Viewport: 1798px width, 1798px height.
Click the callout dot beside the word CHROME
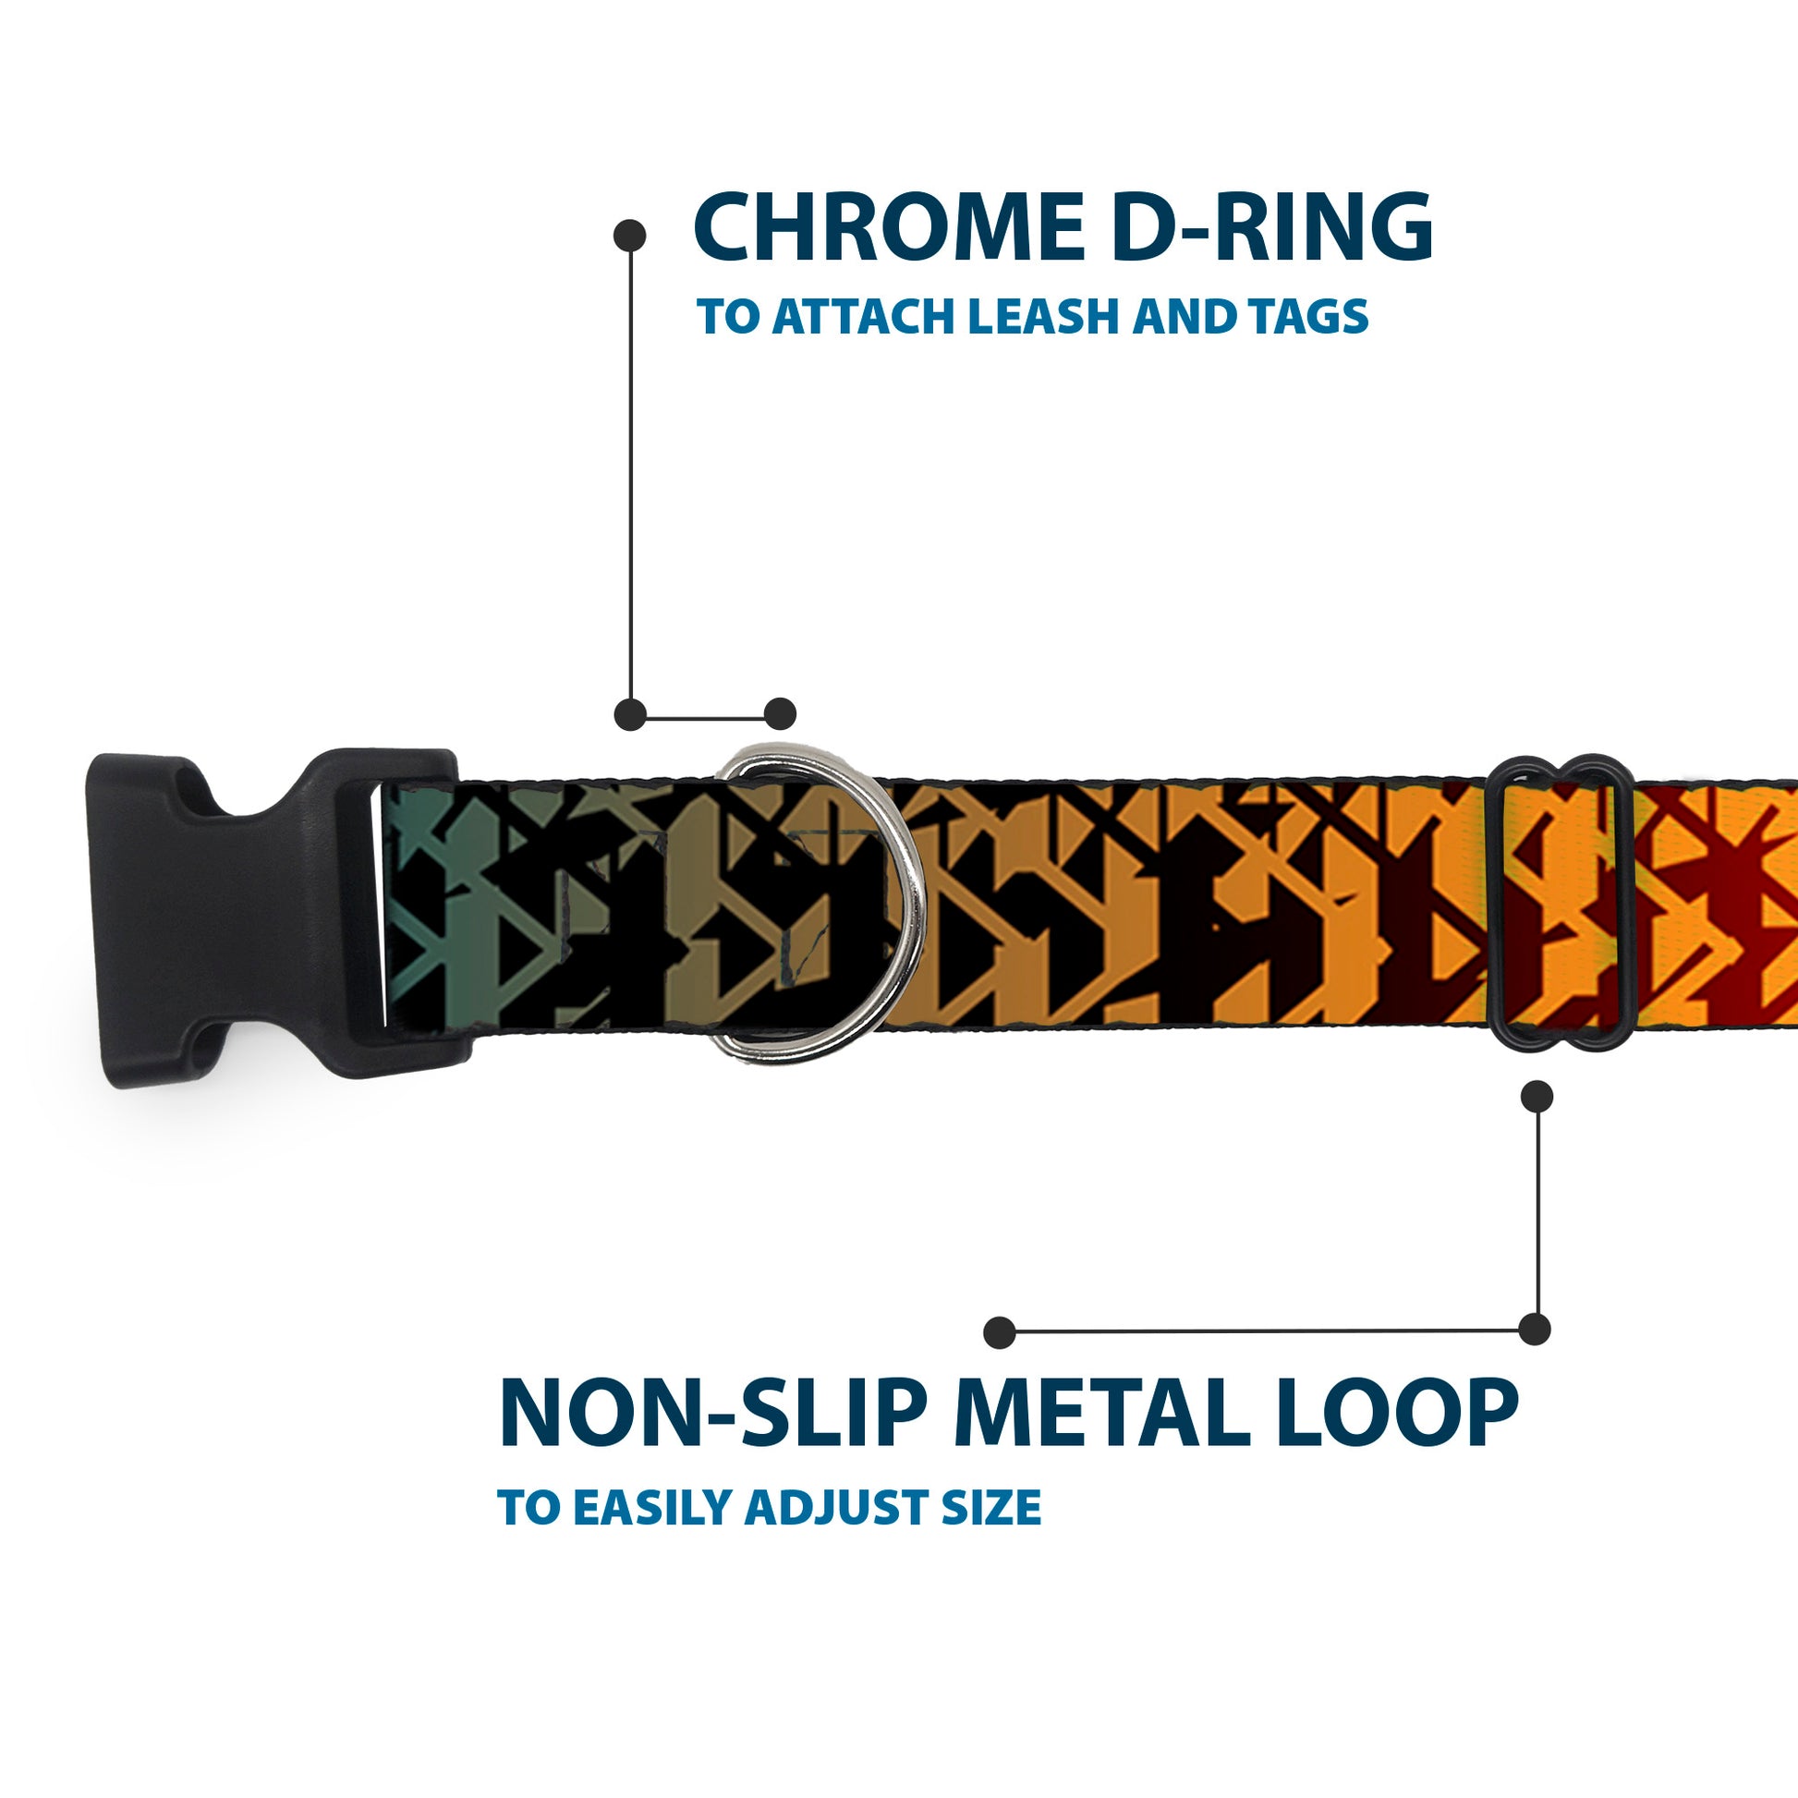click(630, 235)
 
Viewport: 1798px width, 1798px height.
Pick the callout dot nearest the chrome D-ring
click(780, 714)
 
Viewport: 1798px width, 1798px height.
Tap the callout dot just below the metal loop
click(1537, 1097)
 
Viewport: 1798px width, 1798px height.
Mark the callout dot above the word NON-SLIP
click(1000, 1331)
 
